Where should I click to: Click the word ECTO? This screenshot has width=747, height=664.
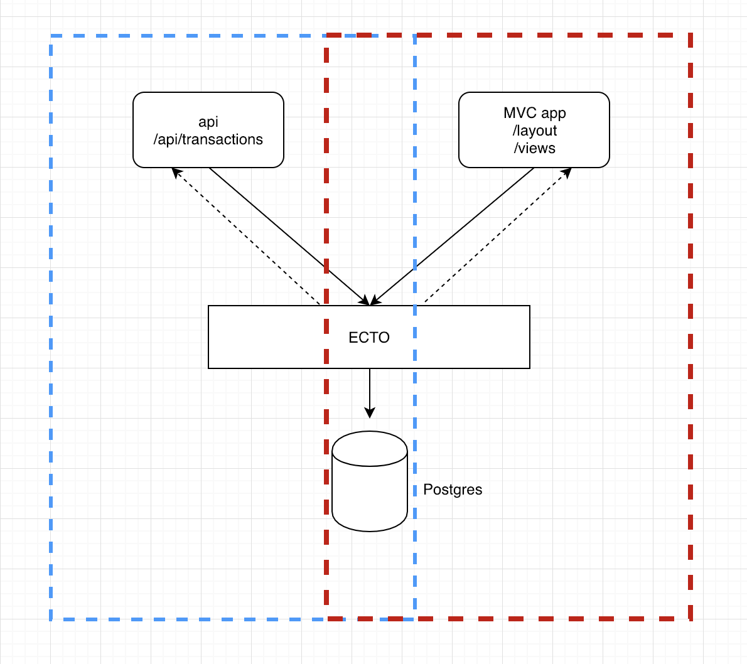(369, 337)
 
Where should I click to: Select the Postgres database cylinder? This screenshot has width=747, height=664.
(370, 481)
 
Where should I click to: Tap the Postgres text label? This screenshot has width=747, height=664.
(453, 490)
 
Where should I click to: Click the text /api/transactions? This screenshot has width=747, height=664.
(208, 139)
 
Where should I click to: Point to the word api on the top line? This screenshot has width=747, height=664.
(208, 122)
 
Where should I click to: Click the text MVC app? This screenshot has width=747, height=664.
(535, 113)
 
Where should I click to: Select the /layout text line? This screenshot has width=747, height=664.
(535, 131)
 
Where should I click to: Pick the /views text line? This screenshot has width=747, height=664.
(535, 148)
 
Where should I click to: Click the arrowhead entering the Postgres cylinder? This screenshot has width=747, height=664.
(370, 412)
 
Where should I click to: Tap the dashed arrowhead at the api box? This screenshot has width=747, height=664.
(176, 173)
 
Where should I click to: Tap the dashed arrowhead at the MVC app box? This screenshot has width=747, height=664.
(567, 173)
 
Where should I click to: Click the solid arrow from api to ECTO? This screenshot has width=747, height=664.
(289, 236)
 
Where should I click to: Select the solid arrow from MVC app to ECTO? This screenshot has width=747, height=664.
(452, 236)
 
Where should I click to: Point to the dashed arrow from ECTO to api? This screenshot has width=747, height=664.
(245, 236)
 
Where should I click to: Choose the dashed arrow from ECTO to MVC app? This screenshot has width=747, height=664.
(498, 235)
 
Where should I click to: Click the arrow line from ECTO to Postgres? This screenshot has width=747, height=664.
(370, 394)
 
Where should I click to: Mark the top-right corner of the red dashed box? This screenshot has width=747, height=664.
(691, 35)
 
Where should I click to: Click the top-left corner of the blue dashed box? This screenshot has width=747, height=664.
(51, 36)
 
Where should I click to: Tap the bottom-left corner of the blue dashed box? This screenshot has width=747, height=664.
(51, 619)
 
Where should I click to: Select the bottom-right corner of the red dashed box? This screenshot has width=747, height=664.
(691, 619)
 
